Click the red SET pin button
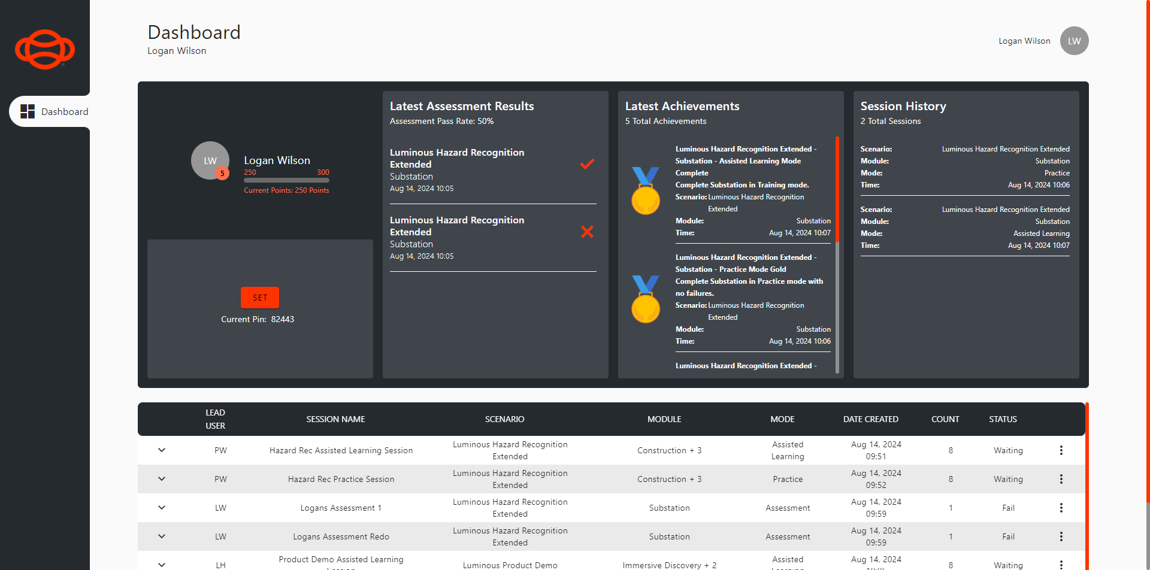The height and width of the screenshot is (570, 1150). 260,298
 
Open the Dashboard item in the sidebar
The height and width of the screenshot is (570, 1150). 54,111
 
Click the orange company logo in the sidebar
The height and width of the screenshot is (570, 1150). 45,49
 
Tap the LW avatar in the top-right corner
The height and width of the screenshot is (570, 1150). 1074,41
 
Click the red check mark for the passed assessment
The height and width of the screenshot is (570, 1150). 587,164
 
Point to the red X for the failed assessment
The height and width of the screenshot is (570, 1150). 587,232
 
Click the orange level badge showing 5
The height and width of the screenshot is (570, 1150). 222,174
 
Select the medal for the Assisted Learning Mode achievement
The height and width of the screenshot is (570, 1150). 646,191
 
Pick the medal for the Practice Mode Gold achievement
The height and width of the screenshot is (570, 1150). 646,299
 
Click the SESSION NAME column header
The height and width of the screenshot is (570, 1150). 335,419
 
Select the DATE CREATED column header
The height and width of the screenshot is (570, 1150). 870,419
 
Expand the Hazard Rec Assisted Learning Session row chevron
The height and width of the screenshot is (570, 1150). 162,450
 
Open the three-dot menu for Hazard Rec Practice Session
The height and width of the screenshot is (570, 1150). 1061,479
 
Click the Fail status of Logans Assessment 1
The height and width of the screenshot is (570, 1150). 1008,508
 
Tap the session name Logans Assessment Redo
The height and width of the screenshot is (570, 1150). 341,536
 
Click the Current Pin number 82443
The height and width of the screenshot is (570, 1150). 283,319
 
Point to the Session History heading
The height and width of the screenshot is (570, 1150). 903,106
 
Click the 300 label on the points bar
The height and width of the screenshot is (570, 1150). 323,172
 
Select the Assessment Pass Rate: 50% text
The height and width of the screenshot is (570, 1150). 441,121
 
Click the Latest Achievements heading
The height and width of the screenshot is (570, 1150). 682,106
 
